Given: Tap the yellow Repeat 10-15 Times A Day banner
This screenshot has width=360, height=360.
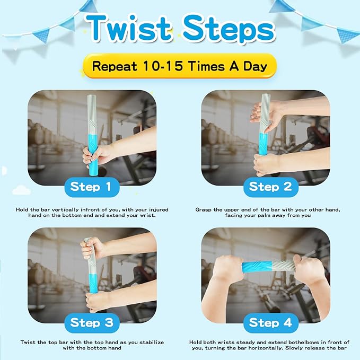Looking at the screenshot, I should pyautogui.click(x=180, y=67).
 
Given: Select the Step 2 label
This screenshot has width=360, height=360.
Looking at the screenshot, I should pyautogui.click(x=270, y=187).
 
